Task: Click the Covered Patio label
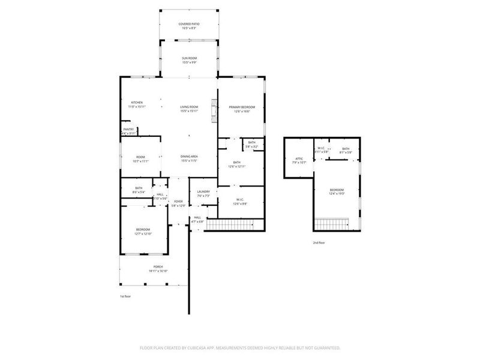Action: (189, 24)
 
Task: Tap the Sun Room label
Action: (189, 58)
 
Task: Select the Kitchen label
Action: (137, 103)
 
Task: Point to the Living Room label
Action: (189, 107)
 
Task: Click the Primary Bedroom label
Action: (238, 107)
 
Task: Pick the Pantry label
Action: (128, 129)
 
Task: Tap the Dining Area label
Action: (189, 157)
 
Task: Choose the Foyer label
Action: (178, 202)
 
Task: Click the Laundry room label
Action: (203, 192)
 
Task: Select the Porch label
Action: (158, 266)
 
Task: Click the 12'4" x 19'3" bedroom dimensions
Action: (336, 194)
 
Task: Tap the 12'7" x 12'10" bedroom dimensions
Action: (143, 233)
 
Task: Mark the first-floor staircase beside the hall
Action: (235, 224)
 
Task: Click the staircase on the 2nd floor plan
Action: (337, 224)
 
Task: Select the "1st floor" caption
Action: (125, 296)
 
